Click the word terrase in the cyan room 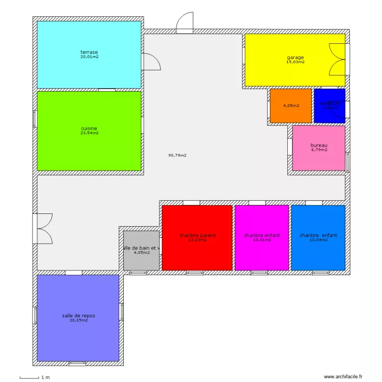point(89,52)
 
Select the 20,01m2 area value point(89,57)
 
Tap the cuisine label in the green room point(89,128)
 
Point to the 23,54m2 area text point(89,133)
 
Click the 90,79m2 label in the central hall point(177,155)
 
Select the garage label point(295,58)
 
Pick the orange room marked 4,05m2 point(290,106)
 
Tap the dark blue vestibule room point(329,106)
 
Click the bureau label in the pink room point(319,145)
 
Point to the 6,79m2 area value point(319,150)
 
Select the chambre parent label point(197,235)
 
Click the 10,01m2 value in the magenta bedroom point(262,240)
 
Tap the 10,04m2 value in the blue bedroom point(318,240)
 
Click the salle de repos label point(78,316)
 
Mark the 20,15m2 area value point(78,320)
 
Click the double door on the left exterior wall point(43,228)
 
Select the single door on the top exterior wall point(184,23)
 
